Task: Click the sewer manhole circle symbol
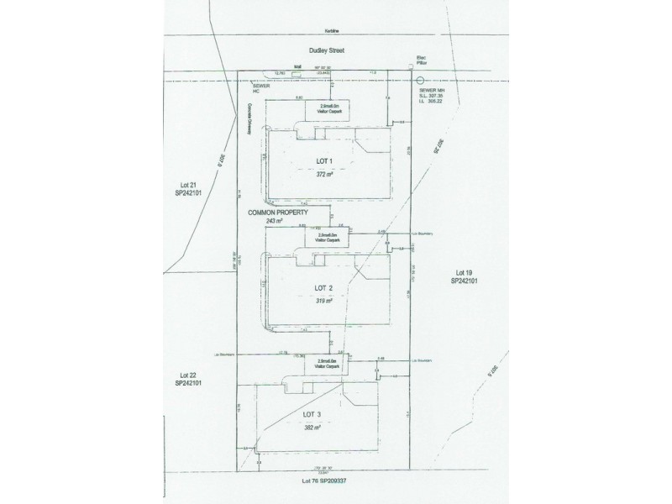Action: [420, 81]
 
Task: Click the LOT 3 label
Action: [313, 415]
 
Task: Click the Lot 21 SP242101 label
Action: [182, 188]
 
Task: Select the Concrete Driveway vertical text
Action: [249, 118]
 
